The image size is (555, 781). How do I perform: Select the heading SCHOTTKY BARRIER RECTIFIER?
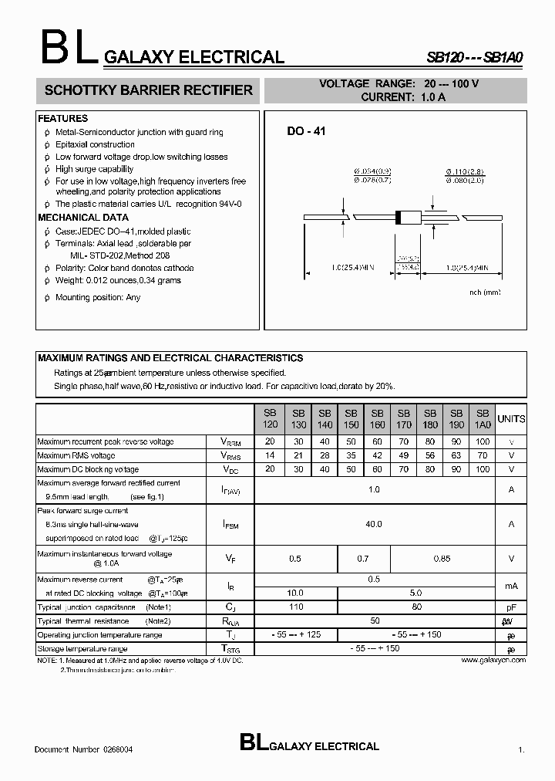tap(149, 90)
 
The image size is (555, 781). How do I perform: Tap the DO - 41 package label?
tap(307, 132)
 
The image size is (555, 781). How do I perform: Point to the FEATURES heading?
tap(63, 119)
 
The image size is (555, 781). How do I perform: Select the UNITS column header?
tap(511, 419)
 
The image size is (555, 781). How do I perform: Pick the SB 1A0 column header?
tap(483, 419)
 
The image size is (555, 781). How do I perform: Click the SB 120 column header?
tap(269, 419)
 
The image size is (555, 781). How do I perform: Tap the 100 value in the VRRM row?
tap(483, 442)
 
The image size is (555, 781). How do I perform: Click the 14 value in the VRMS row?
tap(269, 456)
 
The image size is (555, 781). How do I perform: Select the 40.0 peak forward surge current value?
tap(374, 524)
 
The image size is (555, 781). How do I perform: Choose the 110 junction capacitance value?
tap(295, 607)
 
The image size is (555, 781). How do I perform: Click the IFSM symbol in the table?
tap(230, 525)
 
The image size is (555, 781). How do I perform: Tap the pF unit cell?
tap(511, 608)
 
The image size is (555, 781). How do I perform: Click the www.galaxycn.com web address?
tap(493, 660)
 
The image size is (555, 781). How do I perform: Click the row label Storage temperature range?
tap(82, 649)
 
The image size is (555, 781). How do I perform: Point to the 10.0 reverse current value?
tap(295, 593)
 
